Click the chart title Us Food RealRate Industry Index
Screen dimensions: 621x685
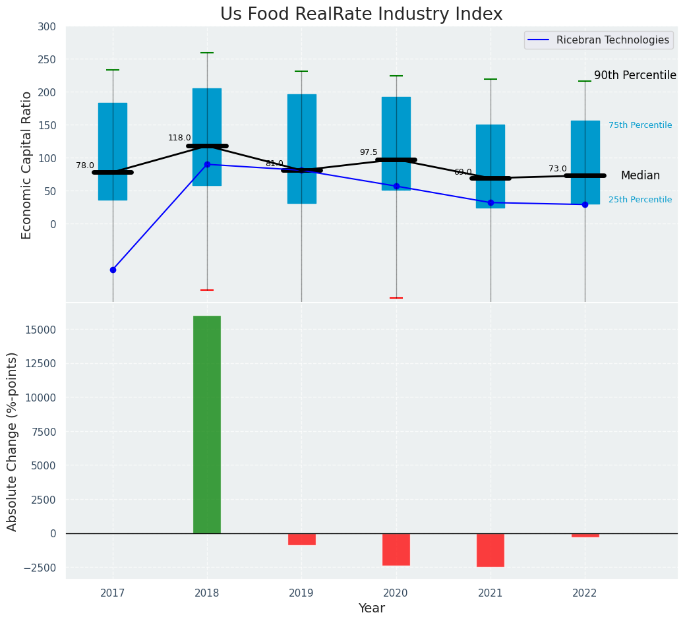point(361,15)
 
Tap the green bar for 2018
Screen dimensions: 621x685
point(207,425)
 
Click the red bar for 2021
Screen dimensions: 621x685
point(491,550)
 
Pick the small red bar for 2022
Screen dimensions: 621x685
point(585,535)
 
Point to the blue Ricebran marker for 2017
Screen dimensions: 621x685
point(113,270)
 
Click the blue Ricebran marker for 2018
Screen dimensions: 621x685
point(207,164)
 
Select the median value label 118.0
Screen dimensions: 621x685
point(179,138)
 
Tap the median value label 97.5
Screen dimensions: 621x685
point(369,152)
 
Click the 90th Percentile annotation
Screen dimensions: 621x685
point(635,75)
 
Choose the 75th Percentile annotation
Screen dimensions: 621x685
point(640,125)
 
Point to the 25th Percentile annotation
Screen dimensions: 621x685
point(640,200)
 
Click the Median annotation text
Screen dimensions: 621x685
point(640,175)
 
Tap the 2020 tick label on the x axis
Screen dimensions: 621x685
point(396,593)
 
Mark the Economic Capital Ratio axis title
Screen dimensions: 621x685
point(27,165)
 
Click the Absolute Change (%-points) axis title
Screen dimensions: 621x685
point(13,441)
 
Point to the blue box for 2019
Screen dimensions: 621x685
point(302,148)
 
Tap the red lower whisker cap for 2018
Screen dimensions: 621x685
point(207,290)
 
